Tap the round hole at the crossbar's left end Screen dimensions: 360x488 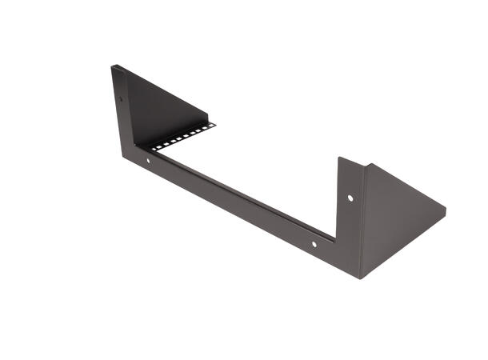[x=148, y=162]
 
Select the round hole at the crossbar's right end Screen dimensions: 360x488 [x=314, y=244]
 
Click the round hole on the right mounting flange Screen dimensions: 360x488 [x=350, y=197]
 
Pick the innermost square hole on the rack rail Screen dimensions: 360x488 [x=150, y=147]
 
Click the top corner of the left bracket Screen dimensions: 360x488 [x=113, y=66]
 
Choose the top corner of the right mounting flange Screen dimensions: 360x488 [x=339, y=158]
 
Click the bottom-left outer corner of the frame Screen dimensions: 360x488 [x=124, y=157]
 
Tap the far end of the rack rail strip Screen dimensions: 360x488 [x=214, y=123]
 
